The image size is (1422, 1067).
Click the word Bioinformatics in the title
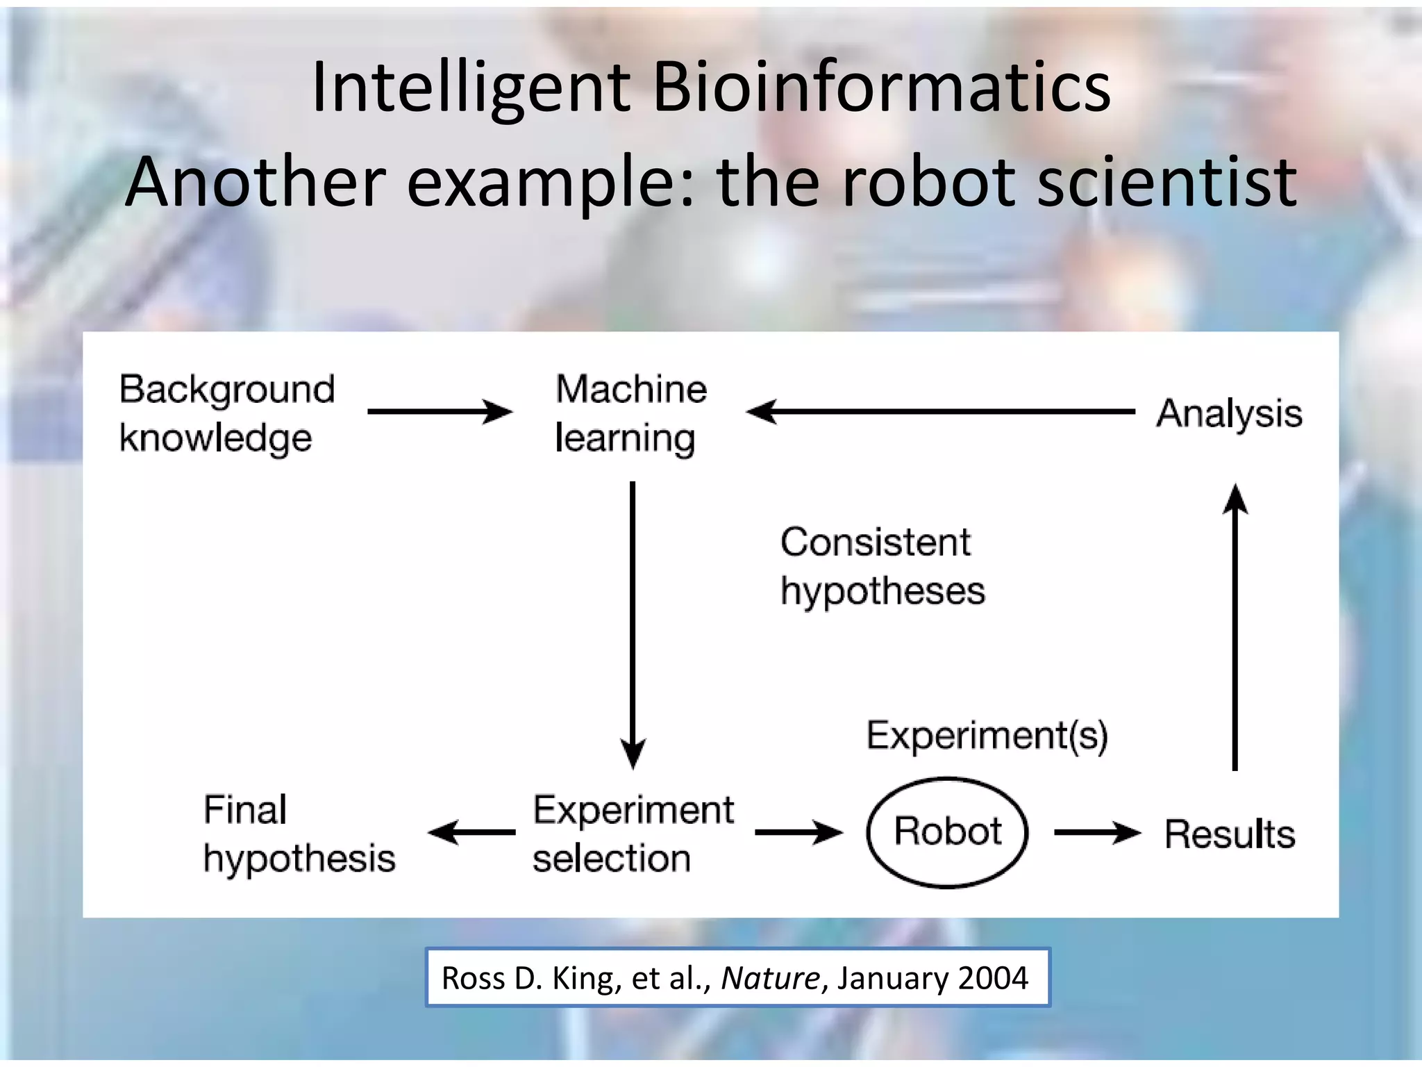[x=882, y=88]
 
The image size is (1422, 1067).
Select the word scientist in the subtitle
[x=1166, y=182]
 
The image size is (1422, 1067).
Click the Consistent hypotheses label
[x=882, y=566]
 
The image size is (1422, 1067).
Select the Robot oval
[x=947, y=832]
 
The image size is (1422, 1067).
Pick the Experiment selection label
[x=633, y=834]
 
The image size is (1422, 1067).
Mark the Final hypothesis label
[x=299, y=834]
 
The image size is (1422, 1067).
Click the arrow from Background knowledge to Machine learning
[x=440, y=412]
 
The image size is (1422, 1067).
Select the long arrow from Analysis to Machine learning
[x=941, y=412]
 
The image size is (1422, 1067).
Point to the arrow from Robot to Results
[x=1097, y=832]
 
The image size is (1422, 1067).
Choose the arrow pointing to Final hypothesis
[x=472, y=832]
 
